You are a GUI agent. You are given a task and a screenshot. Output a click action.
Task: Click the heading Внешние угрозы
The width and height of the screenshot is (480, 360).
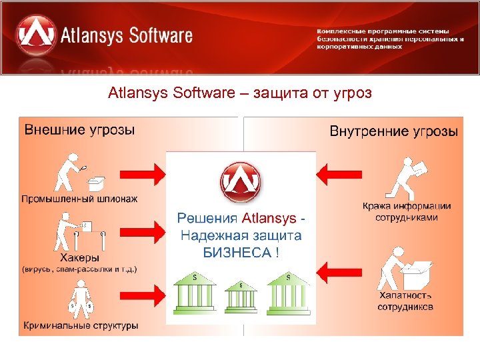(x=79, y=129)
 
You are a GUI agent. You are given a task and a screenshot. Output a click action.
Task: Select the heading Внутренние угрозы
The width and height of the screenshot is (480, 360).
(x=394, y=131)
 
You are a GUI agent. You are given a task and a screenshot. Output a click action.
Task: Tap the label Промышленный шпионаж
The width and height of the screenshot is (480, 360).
(x=81, y=198)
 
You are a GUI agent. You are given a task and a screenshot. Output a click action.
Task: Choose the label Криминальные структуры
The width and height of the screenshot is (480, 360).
(x=81, y=326)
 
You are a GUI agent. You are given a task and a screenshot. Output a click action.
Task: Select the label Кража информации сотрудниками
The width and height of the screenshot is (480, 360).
(x=407, y=211)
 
